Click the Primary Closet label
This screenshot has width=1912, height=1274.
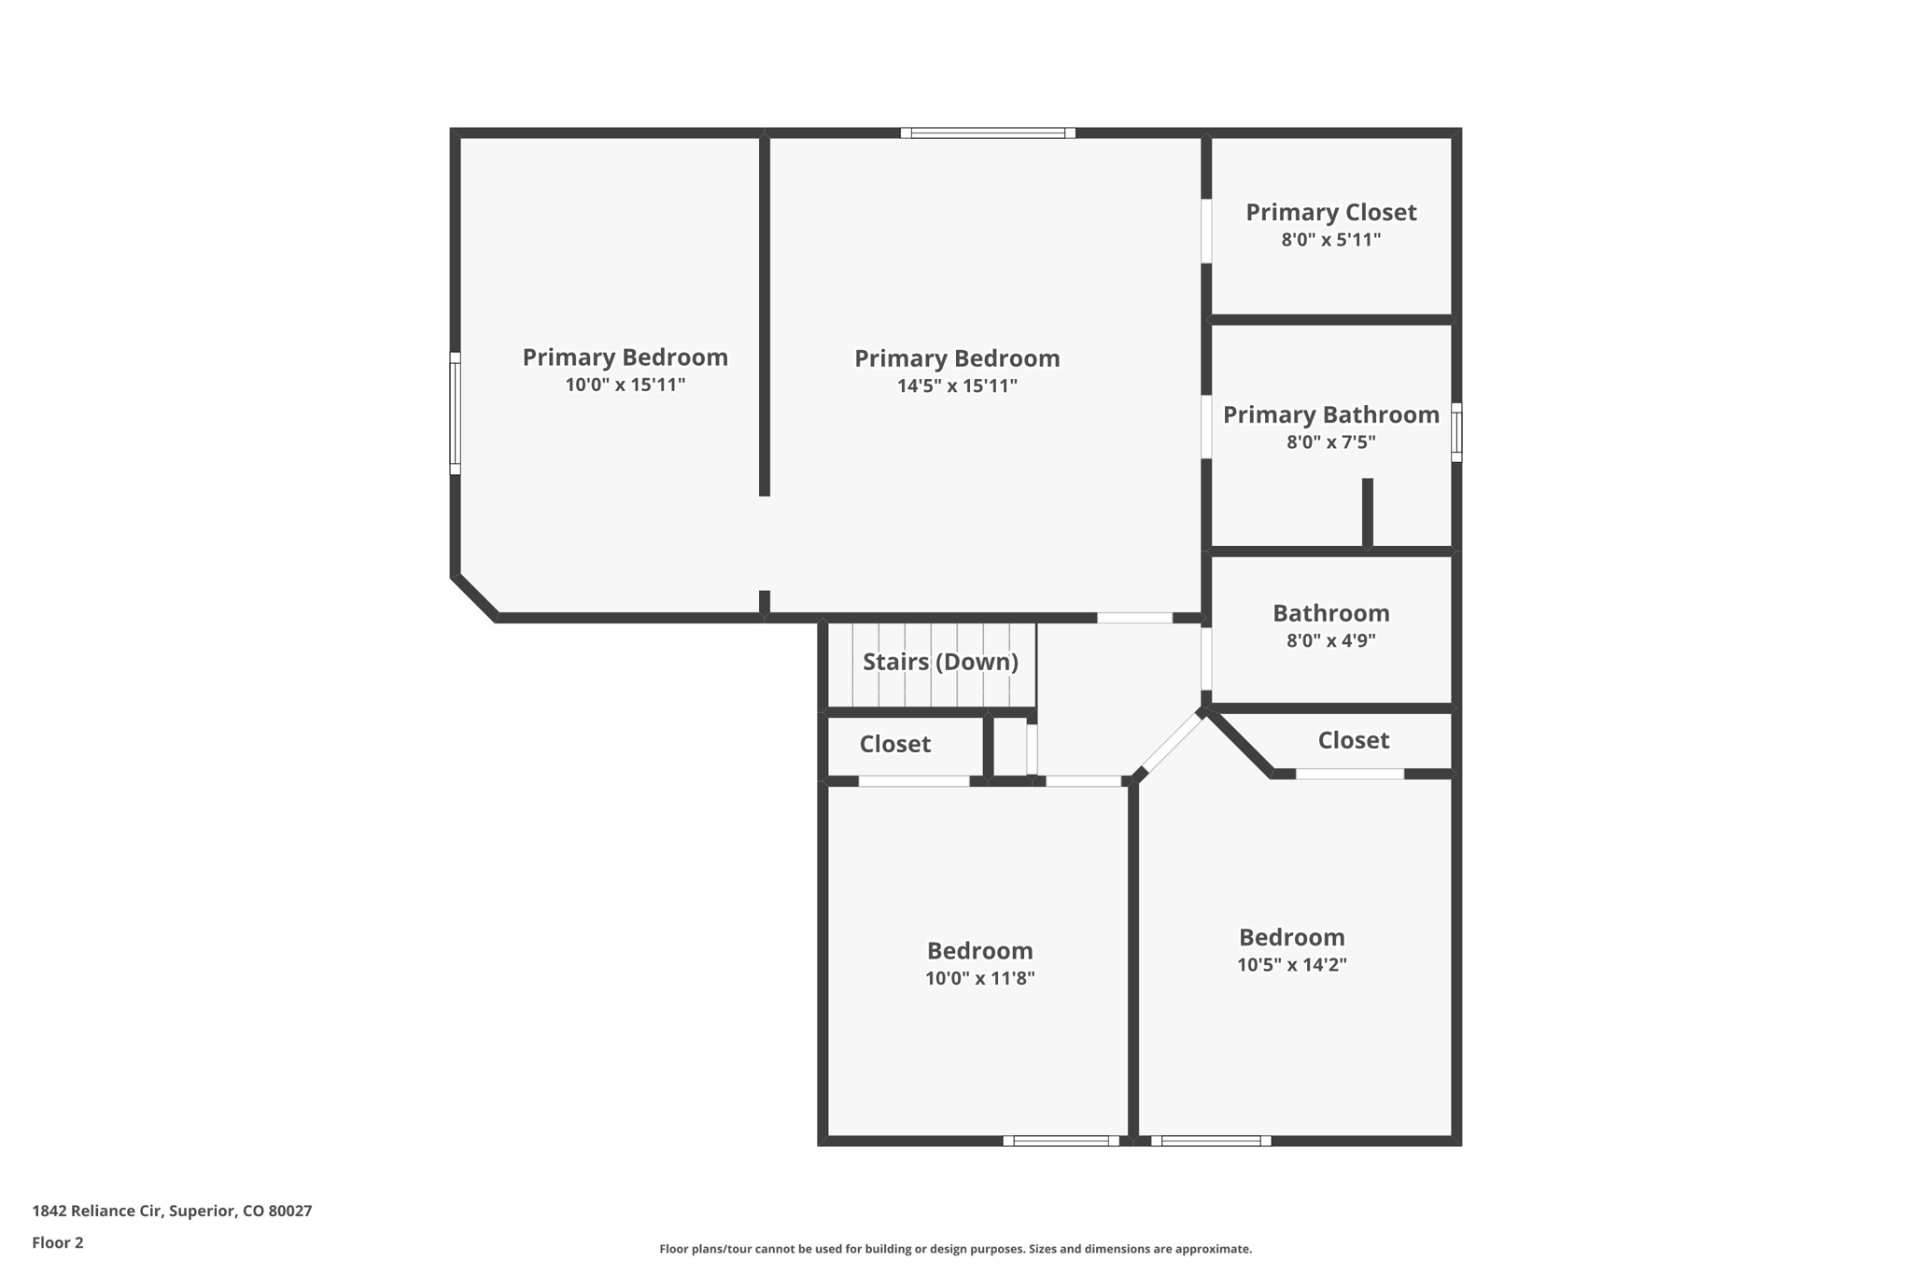(x=1330, y=213)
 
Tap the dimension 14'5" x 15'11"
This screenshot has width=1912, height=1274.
(x=957, y=386)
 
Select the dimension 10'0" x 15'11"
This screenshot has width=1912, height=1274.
(x=625, y=385)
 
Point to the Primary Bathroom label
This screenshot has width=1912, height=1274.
(x=1330, y=415)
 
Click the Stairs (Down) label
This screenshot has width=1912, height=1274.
(x=940, y=662)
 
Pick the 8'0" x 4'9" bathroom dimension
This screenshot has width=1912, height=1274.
(x=1330, y=641)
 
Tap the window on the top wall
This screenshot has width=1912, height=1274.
(x=988, y=133)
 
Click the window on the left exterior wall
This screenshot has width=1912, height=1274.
(x=456, y=413)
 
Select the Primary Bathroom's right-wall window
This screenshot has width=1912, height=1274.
(x=1455, y=432)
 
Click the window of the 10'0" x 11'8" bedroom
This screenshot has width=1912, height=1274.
(x=1061, y=1141)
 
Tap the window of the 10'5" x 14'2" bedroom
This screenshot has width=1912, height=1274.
(x=1211, y=1141)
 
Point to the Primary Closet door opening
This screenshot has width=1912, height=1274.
(x=1206, y=231)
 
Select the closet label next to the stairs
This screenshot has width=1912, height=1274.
(x=894, y=745)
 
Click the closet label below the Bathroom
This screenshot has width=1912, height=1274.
(x=1353, y=741)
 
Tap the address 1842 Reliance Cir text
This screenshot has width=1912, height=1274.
(x=172, y=1211)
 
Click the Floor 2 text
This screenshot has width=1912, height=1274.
(x=58, y=1243)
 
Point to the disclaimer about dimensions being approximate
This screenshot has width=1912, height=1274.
(x=955, y=1249)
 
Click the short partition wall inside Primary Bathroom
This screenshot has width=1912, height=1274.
(x=1367, y=512)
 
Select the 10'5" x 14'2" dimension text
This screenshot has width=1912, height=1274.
(x=1291, y=965)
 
